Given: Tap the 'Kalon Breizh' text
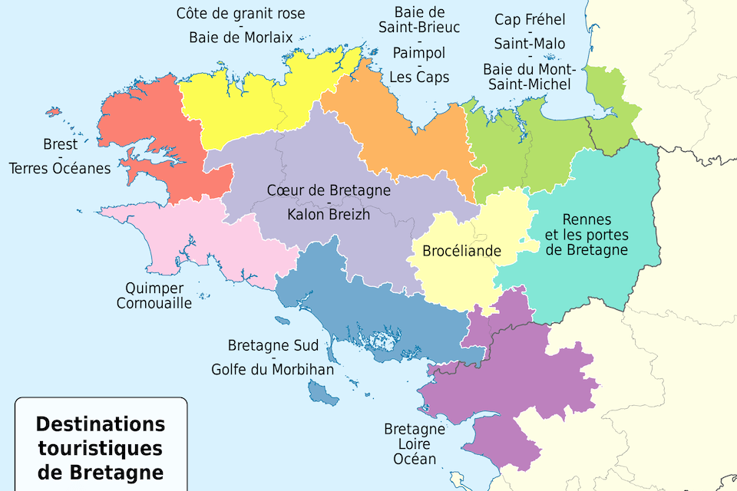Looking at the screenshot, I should [329, 215].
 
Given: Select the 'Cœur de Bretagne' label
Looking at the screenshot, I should [329, 190].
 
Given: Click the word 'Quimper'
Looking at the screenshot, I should [154, 288].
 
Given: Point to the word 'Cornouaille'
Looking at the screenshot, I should [154, 303].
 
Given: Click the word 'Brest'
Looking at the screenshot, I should [60, 144].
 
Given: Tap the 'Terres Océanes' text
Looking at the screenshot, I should [60, 168].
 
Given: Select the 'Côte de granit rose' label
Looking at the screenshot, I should [240, 13].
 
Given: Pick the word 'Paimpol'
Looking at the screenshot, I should [419, 53].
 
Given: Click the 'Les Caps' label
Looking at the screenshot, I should [419, 77].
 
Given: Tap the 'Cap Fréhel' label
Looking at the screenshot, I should [530, 19].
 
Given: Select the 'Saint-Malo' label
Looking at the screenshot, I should [530, 43].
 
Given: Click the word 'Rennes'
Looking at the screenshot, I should [587, 219].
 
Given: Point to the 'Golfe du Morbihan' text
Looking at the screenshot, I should [273, 370].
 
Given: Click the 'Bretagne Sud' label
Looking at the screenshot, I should [273, 345].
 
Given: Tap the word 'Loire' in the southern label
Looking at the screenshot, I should [415, 444].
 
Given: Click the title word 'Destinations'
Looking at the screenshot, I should [101, 424].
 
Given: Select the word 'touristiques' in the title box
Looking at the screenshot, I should [101, 447].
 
